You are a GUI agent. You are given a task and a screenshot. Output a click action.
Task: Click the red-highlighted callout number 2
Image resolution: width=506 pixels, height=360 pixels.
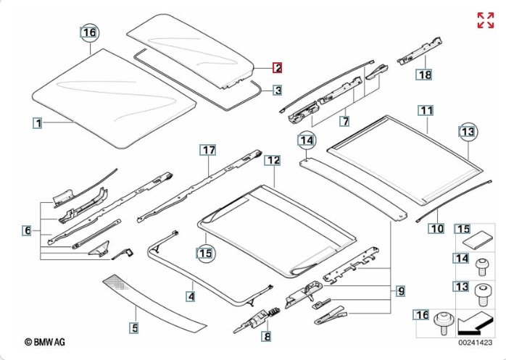click(278, 69)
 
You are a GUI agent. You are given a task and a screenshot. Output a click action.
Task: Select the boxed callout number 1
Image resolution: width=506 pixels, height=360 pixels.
click(37, 122)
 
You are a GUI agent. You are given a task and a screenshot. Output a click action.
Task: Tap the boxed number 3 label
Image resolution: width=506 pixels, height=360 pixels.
click(278, 91)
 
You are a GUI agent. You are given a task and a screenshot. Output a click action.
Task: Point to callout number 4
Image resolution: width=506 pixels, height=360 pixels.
click(190, 296)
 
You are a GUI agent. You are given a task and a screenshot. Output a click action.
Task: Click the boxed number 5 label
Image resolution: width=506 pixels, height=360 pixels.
click(134, 328)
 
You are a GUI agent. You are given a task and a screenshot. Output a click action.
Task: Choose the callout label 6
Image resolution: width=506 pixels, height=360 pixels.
click(27, 231)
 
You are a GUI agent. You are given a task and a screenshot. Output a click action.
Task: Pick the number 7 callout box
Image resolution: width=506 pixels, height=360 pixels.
click(345, 120)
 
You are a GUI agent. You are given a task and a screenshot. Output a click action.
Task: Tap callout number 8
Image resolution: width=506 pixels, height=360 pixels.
click(267, 336)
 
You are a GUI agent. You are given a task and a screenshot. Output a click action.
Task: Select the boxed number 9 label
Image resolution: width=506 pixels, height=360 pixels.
click(400, 291)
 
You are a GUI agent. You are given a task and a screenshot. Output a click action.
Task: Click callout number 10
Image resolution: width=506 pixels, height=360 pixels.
click(436, 229)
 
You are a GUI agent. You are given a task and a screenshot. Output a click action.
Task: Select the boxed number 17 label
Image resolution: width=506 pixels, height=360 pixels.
click(209, 150)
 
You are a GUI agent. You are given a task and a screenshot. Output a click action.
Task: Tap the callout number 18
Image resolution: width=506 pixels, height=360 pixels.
click(423, 74)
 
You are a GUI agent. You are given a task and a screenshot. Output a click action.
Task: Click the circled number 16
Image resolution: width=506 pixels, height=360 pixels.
click(89, 33)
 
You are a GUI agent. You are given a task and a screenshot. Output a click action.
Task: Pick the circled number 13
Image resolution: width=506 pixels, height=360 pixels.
click(469, 131)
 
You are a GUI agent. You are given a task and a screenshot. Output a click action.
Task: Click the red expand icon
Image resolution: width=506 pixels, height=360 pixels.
click(485, 20)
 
